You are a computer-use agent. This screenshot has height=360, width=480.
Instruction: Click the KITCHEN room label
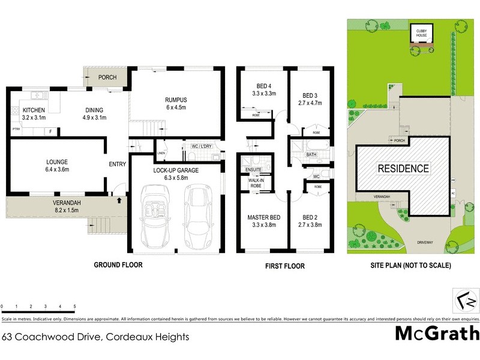pyautogui.click(x=34, y=110)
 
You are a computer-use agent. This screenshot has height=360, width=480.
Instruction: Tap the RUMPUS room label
pyautogui.click(x=177, y=100)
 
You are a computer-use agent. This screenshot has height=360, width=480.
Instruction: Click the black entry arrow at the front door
pyautogui.click(x=119, y=201)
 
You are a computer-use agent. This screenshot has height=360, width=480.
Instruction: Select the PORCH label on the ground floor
pyautogui.click(x=108, y=77)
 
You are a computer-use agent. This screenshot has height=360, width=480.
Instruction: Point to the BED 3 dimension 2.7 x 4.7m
pyautogui.click(x=310, y=103)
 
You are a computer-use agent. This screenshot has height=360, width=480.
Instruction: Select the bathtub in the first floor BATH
pyautogui.click(x=311, y=146)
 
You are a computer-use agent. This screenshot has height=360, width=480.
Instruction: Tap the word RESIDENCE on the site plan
pyautogui.click(x=403, y=169)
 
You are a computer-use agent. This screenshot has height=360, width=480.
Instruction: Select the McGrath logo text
pyautogui.click(x=437, y=333)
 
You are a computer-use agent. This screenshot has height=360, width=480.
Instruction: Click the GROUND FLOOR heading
pyautogui.click(x=118, y=265)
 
